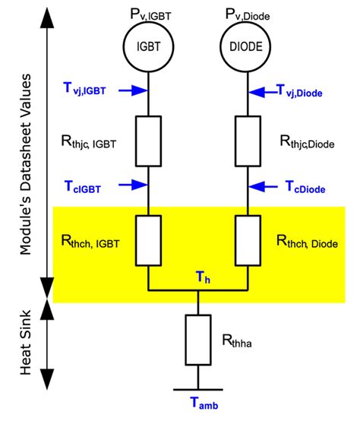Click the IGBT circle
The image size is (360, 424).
tap(149, 47)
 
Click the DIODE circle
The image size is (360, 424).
tap(249, 47)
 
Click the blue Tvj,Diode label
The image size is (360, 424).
tap(311, 91)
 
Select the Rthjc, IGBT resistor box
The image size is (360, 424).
tap(149, 140)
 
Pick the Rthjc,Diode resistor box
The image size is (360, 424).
tap(249, 140)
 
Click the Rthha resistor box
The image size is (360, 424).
tap(199, 340)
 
